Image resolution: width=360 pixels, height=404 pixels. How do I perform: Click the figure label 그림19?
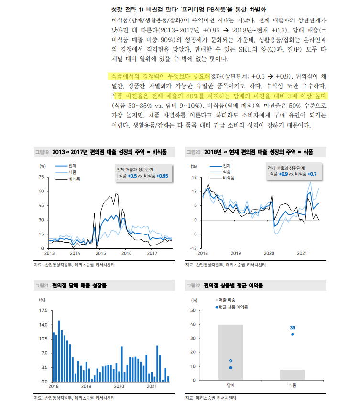[42, 152]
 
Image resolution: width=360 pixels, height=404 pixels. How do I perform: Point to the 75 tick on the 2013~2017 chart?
[41, 177]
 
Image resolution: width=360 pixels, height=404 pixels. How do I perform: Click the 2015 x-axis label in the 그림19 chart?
[100, 253]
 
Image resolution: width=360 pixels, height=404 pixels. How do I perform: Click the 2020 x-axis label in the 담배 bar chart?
[119, 386]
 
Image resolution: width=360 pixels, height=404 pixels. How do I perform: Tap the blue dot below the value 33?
[292, 334]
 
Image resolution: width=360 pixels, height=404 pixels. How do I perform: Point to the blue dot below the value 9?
[230, 368]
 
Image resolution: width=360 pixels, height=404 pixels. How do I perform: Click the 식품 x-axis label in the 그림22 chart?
[292, 385]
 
